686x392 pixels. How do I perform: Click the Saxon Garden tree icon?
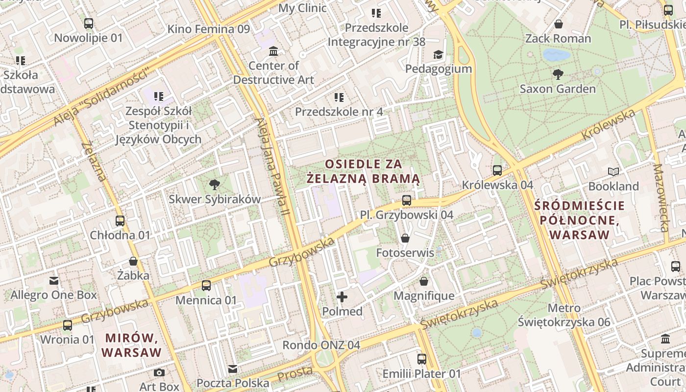pos(558,74)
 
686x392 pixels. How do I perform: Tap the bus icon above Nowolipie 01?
pos(89,23)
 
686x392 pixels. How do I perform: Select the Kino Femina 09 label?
pos(209,29)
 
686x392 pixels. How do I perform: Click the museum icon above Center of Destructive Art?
pos(273,51)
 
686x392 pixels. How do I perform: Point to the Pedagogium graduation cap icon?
pos(438,54)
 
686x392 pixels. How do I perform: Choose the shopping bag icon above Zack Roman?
pos(558,24)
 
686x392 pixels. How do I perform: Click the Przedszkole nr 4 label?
pos(339,112)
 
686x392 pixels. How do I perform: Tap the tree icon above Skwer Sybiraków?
pos(214,185)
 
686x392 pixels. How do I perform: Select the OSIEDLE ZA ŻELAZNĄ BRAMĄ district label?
pos(364,171)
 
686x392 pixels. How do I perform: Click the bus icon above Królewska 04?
pos(497,171)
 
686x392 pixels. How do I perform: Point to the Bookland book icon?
pos(613,171)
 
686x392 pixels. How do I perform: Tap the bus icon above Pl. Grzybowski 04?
pos(406,200)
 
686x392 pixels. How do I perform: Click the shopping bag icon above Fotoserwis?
pos(405,238)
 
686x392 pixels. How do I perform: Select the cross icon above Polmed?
pos(342,296)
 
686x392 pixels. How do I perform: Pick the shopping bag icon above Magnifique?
pos(424,281)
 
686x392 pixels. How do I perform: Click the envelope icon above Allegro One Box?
pos(54,281)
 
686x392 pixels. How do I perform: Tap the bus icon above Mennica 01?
pos(206,285)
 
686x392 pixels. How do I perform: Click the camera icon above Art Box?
pos(159,372)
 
